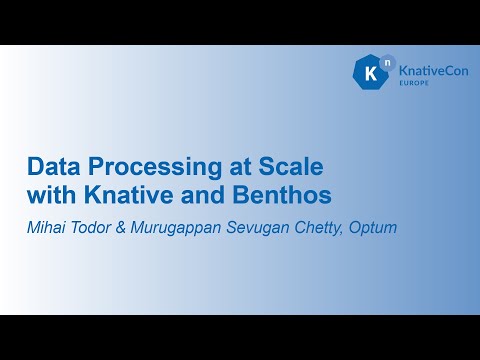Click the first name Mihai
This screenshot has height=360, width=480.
46,228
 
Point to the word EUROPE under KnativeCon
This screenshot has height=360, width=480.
416,87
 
